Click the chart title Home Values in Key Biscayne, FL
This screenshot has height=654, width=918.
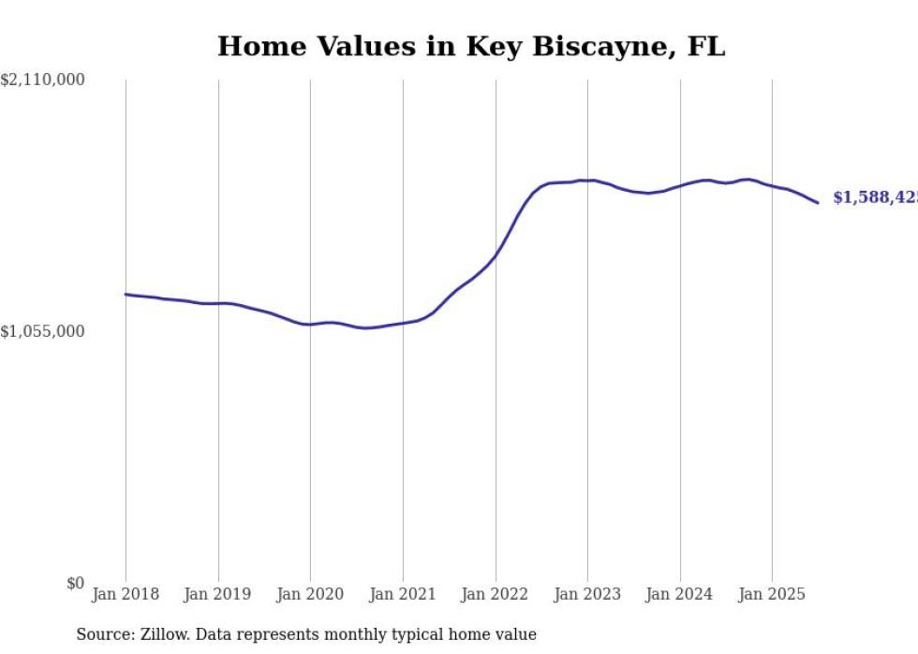point(471,47)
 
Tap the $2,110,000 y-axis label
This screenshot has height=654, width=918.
point(42,80)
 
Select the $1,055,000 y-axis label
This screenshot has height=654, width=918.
point(42,331)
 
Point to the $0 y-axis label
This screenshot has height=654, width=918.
point(75,583)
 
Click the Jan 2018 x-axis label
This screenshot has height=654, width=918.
point(126,594)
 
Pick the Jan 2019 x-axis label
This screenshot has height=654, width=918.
point(218,594)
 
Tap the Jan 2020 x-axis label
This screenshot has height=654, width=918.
point(310,594)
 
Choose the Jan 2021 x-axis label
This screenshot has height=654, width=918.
point(403,594)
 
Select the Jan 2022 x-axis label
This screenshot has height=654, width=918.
point(496,594)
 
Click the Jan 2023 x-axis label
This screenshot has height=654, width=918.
point(587,594)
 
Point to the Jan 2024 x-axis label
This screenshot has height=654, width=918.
point(680,594)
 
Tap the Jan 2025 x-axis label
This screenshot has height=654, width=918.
point(772,594)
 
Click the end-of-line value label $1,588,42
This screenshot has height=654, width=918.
point(875,197)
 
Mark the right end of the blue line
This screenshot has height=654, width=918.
point(818,203)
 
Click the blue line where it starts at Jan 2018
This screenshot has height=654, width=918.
point(126,294)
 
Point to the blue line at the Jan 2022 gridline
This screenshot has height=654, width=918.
point(496,255)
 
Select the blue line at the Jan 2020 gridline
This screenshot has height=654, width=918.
point(310,325)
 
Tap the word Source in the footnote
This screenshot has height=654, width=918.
point(101,634)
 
